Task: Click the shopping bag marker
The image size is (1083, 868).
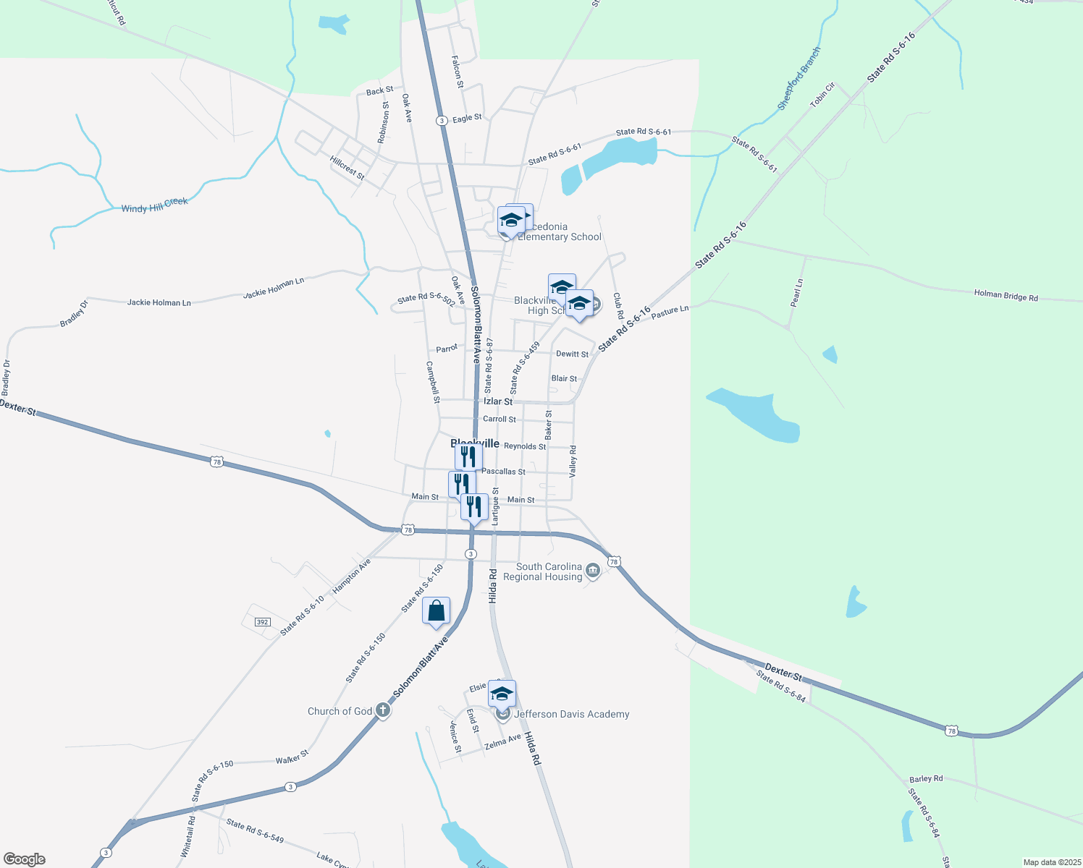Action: pyautogui.click(x=436, y=611)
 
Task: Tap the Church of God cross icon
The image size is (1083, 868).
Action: pyautogui.click(x=383, y=711)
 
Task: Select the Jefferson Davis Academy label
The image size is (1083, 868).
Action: pyautogui.click(x=571, y=714)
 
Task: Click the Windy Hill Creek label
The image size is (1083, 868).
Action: pyautogui.click(x=154, y=205)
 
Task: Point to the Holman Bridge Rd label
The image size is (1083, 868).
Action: pyautogui.click(x=1006, y=295)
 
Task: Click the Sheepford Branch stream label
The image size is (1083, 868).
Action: pyautogui.click(x=799, y=78)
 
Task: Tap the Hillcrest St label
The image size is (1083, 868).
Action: pyautogui.click(x=347, y=167)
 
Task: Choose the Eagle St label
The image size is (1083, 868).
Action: pyautogui.click(x=467, y=118)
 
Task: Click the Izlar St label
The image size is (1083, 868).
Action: pyautogui.click(x=498, y=401)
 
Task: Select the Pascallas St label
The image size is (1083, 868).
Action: pyautogui.click(x=503, y=472)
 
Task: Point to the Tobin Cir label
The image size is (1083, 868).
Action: pyautogui.click(x=822, y=95)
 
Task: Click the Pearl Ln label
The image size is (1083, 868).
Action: pyautogui.click(x=797, y=293)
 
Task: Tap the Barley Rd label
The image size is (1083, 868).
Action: pyautogui.click(x=926, y=779)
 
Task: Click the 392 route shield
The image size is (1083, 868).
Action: pyautogui.click(x=262, y=622)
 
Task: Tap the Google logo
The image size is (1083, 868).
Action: pyautogui.click(x=25, y=859)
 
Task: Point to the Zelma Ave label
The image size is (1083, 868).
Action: pyautogui.click(x=502, y=741)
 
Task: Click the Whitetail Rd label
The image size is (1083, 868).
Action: pyautogui.click(x=188, y=836)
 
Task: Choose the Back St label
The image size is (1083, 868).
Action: pyautogui.click(x=379, y=91)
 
